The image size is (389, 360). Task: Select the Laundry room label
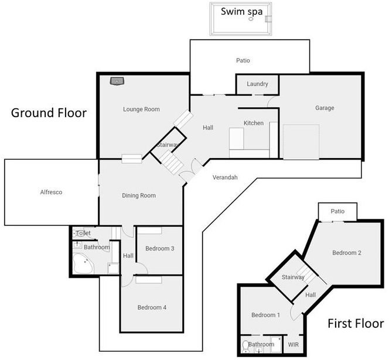[257, 84]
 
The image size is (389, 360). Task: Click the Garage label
[325, 108]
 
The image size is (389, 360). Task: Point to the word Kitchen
[254, 124]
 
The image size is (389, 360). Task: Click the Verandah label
[224, 177]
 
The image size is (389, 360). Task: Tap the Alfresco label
[51, 192]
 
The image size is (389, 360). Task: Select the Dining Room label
[139, 196]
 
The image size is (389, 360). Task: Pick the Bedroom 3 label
[160, 249]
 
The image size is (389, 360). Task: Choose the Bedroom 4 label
[152, 308]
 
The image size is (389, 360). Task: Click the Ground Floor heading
[49, 113]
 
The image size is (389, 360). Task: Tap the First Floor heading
[355, 324]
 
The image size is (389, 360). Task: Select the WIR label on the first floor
[294, 345]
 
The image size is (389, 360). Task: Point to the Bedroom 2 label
[347, 253]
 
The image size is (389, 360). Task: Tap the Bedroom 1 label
[266, 316]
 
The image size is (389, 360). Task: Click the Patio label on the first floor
[337, 211]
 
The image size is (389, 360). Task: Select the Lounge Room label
[141, 109]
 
